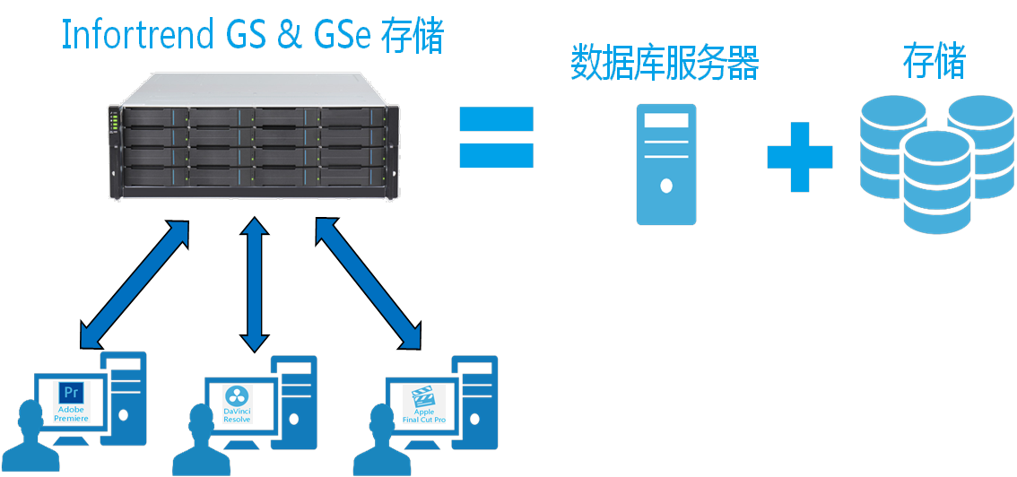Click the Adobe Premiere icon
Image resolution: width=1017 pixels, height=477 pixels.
tap(72, 401)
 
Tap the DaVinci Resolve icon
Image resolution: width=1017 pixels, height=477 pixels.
tap(237, 403)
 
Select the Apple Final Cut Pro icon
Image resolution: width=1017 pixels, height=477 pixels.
tap(423, 404)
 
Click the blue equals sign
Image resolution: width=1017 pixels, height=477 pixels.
tap(496, 137)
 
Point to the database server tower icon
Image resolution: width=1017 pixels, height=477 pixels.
tap(666, 164)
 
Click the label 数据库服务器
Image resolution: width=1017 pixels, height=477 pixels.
tap(665, 65)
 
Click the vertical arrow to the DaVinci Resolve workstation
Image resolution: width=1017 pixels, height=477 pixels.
tap(254, 283)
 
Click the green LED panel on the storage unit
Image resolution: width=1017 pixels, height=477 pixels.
tap(114, 122)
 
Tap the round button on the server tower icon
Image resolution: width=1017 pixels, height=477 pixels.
tap(666, 186)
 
